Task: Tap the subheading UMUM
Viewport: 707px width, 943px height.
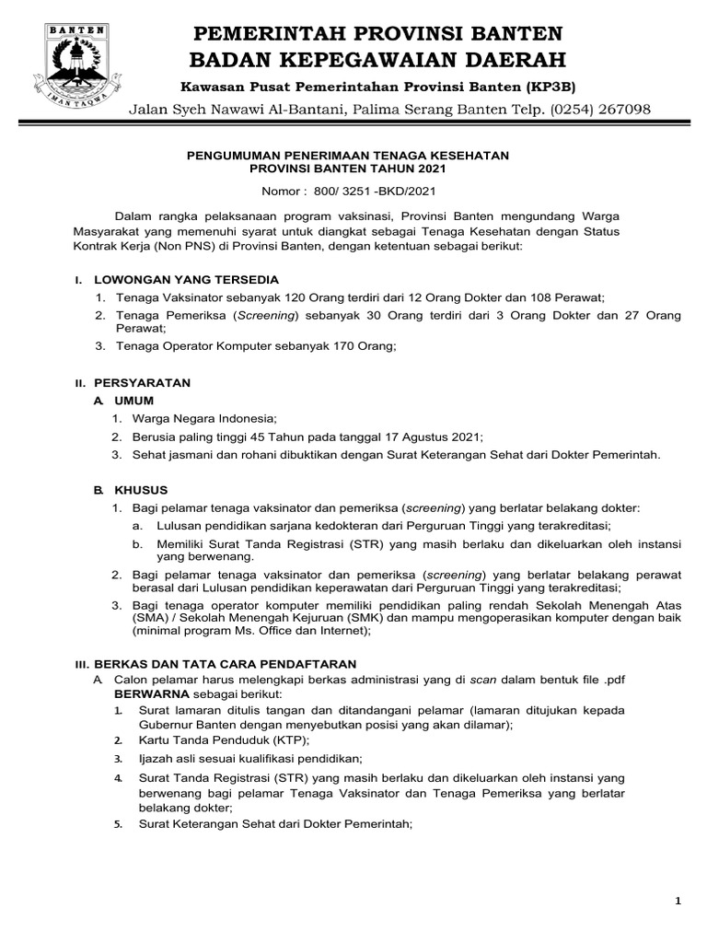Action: coord(133,401)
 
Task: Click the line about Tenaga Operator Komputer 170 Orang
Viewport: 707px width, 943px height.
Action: coord(256,346)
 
